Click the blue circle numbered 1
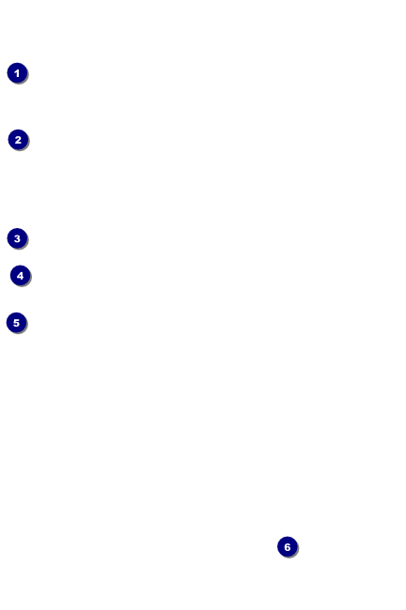17,73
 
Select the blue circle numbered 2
18,140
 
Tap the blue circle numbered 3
17,238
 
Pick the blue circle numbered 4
21,275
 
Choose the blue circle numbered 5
16,323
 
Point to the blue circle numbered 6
288,546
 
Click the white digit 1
17,73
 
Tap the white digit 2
18,140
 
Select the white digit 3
17,238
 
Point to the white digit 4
21,276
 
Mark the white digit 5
16,323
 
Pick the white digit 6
288,547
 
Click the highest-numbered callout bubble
288,546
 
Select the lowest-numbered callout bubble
17,73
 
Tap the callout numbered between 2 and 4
17,238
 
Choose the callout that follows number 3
21,275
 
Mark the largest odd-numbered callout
16,323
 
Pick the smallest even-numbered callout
18,140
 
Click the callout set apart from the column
288,546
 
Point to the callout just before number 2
17,73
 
